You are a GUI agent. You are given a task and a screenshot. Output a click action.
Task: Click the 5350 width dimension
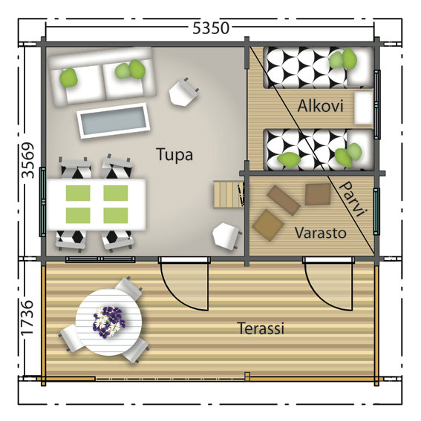210,28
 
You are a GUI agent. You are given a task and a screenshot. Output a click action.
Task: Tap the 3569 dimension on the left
27,161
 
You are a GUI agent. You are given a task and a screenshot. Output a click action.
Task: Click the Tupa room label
174,155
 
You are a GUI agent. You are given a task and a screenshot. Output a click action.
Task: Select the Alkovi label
320,107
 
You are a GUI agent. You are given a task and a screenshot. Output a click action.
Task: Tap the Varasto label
320,233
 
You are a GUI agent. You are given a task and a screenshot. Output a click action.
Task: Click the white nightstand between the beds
363,108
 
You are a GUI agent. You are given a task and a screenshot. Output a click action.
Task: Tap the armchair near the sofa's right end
183,93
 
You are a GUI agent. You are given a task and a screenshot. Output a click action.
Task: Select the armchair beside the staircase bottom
226,235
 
